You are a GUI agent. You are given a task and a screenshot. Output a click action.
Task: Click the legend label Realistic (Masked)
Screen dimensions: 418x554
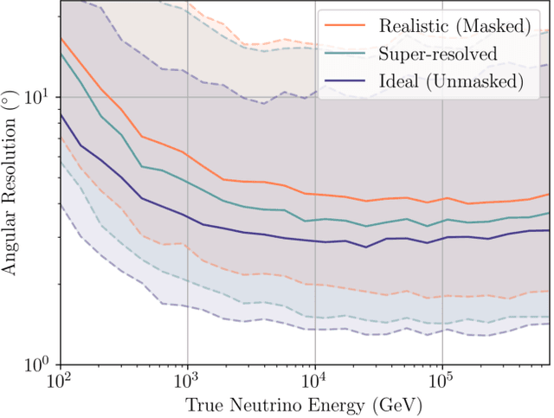pos(453,26)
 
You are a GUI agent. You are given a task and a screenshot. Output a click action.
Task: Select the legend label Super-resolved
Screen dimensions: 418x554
pos(438,54)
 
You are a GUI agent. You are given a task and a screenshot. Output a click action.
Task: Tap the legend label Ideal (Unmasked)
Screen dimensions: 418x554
pos(452,81)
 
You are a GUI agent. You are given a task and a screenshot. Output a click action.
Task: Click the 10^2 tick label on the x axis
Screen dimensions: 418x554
pos(59,381)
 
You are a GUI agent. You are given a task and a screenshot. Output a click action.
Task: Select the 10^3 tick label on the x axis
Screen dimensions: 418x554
pos(187,381)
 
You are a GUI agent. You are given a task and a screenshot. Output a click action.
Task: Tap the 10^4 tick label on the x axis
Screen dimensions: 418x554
pos(315,381)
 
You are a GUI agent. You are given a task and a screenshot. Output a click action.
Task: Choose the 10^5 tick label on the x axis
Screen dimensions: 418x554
pos(442,381)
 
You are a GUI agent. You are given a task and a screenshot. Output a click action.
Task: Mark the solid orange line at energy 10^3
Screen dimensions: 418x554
pos(187,154)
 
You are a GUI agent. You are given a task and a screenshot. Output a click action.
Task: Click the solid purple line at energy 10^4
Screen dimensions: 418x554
pos(315,241)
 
